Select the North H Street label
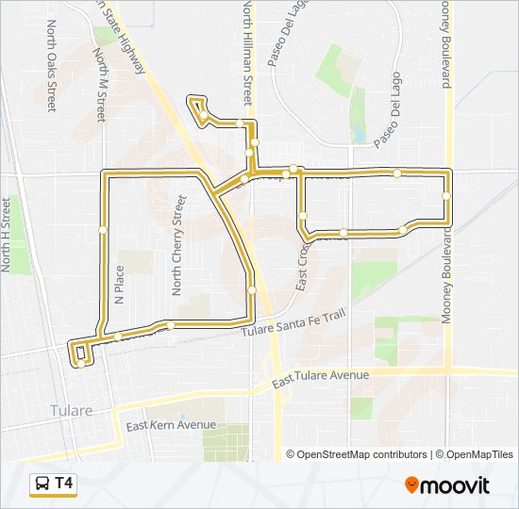click(x=8, y=235)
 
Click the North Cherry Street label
click(x=177, y=246)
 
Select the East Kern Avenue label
click(x=176, y=425)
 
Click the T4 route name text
click(x=64, y=483)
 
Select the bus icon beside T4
click(x=42, y=484)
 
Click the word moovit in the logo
click(x=456, y=485)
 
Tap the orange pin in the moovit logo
click(x=412, y=485)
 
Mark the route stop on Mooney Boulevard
click(x=445, y=195)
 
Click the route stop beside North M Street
click(x=102, y=229)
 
